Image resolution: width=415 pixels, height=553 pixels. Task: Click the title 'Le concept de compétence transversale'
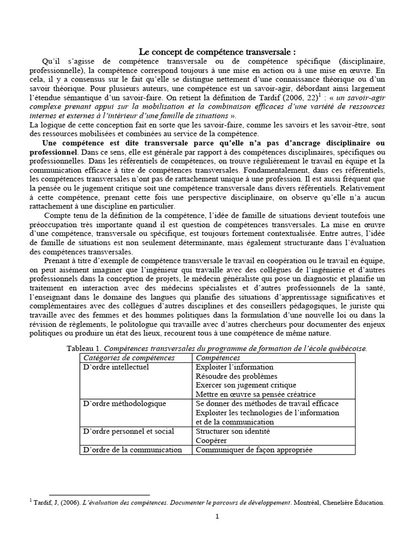(x=217, y=52)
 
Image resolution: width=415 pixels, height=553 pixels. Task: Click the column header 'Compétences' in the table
(x=218, y=358)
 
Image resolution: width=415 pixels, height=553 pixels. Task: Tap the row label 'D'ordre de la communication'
(x=132, y=450)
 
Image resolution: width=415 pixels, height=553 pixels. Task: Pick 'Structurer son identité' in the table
(x=232, y=431)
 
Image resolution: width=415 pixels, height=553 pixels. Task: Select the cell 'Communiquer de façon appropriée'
(x=253, y=450)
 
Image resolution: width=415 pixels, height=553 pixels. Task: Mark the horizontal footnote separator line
(x=99, y=494)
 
